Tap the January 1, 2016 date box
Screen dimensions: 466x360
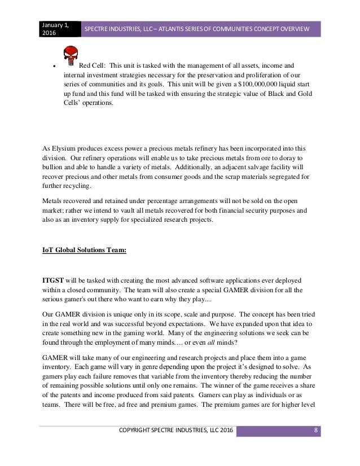click(59, 28)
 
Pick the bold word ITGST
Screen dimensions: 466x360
click(54, 280)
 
